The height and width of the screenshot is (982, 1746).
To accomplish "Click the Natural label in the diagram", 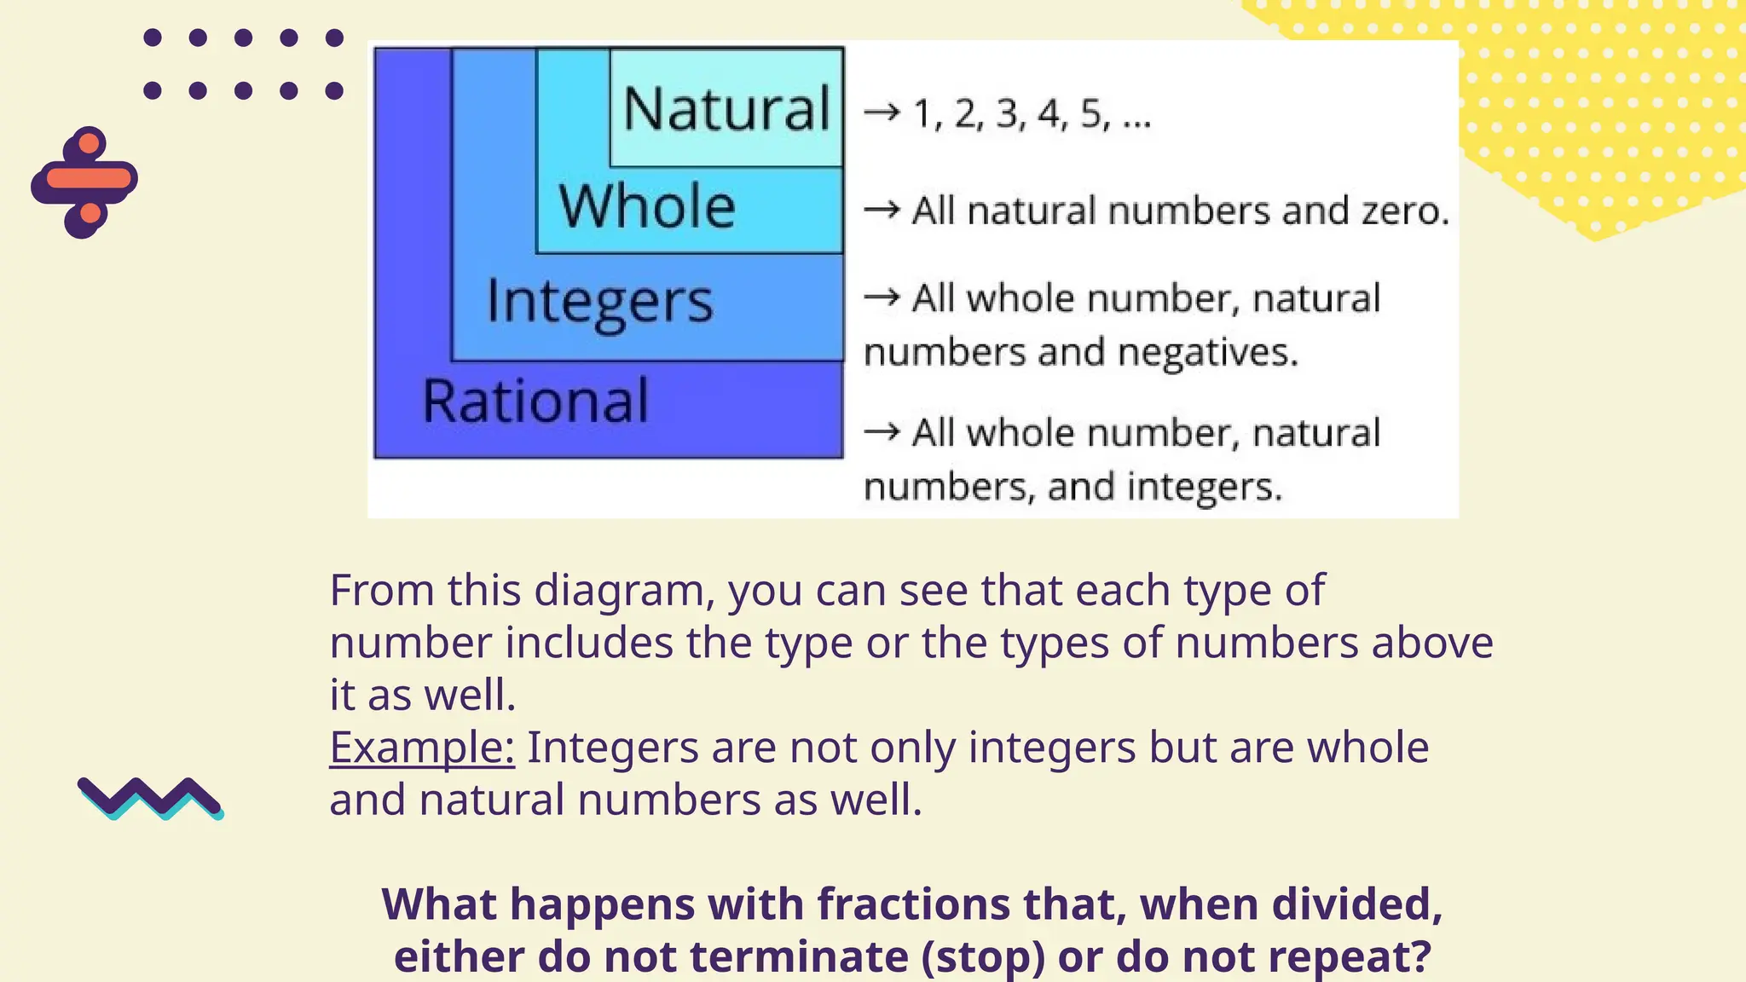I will click(726, 109).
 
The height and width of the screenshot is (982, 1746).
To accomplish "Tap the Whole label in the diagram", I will click(647, 206).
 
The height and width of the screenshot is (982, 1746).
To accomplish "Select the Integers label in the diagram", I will click(599, 302).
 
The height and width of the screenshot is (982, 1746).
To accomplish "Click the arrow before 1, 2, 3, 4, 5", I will click(882, 112).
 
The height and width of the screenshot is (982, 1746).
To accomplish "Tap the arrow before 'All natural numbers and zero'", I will click(882, 209).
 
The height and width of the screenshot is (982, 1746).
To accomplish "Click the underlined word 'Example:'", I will click(422, 748).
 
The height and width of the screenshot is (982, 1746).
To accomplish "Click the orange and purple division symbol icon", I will click(84, 182).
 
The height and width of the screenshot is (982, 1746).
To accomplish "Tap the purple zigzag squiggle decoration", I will click(150, 798).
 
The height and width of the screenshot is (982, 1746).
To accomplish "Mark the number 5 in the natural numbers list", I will click(1092, 113).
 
